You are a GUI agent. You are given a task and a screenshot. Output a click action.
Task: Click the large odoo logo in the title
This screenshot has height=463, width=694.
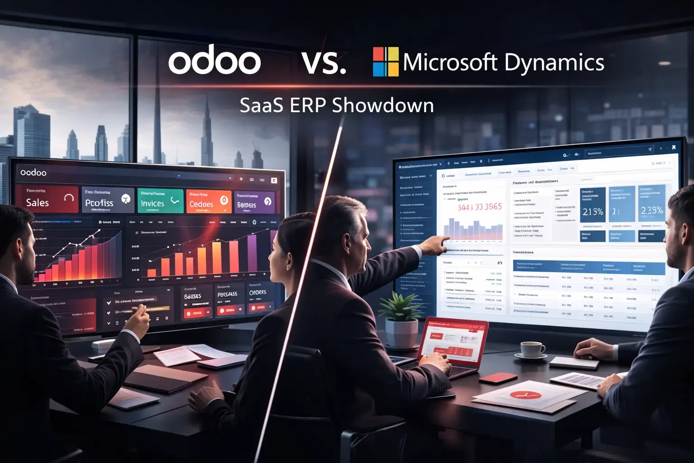coord(215,62)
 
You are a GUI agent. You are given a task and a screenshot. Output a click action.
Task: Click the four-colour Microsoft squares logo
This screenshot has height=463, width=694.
coord(385,61)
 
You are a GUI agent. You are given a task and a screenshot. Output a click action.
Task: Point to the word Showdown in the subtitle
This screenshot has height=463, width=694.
coord(383,105)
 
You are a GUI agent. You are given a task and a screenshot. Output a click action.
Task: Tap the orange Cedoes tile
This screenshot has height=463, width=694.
coord(208,201)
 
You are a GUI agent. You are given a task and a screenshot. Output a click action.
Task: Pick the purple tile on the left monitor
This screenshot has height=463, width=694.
coord(254,202)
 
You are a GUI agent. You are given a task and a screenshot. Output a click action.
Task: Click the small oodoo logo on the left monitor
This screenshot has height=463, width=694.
coord(33,172)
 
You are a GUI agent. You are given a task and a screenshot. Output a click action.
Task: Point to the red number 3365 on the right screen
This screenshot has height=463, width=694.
coord(493,207)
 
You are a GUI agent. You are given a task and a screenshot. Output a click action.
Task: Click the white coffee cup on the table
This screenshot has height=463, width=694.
coord(532,350)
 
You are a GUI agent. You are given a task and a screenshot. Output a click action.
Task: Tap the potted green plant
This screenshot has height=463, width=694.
coord(400,309)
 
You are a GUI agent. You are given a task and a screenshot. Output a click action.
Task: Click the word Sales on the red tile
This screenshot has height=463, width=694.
coord(38,203)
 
